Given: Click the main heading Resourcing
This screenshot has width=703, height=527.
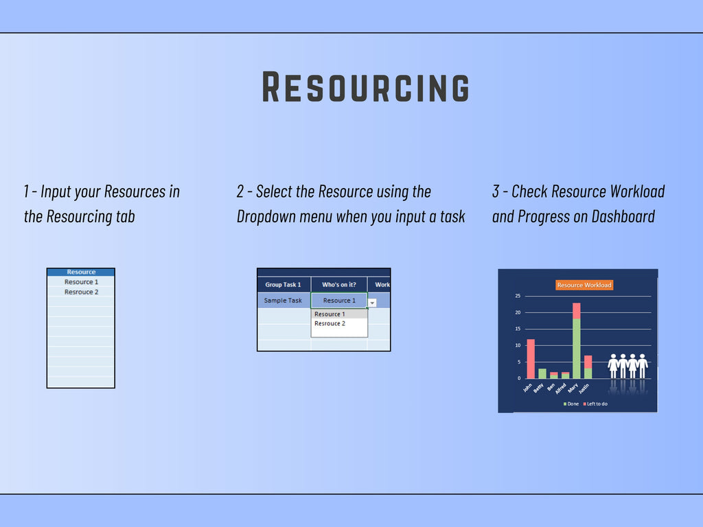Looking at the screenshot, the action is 365,86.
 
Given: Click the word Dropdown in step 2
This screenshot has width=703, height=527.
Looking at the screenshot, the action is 266,216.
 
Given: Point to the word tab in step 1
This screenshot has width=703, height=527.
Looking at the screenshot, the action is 125,216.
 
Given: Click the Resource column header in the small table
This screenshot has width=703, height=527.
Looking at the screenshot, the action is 81,272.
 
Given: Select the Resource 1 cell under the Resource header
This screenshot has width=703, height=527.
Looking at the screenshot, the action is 81,282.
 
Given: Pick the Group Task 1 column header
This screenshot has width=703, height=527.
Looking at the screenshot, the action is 283,285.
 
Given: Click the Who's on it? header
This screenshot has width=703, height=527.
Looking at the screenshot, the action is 339,285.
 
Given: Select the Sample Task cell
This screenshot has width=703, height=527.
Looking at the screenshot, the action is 283,301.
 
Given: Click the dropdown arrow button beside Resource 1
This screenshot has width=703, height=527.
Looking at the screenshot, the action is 372,303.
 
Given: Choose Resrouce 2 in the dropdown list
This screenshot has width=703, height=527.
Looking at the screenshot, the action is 330,324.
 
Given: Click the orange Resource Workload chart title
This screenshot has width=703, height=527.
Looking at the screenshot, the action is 584,285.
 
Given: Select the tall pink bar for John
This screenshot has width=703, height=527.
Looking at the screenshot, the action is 531,359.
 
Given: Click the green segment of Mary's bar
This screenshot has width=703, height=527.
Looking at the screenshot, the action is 577,349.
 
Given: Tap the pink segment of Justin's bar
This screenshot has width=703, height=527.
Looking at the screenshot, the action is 588,362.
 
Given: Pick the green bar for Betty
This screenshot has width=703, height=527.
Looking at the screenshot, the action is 542,374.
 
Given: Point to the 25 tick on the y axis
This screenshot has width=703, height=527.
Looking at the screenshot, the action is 518,296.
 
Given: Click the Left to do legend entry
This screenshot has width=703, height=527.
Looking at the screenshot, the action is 595,403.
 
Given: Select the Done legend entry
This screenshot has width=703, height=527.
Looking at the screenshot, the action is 571,403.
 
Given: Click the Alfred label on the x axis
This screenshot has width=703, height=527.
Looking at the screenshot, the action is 561,388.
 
